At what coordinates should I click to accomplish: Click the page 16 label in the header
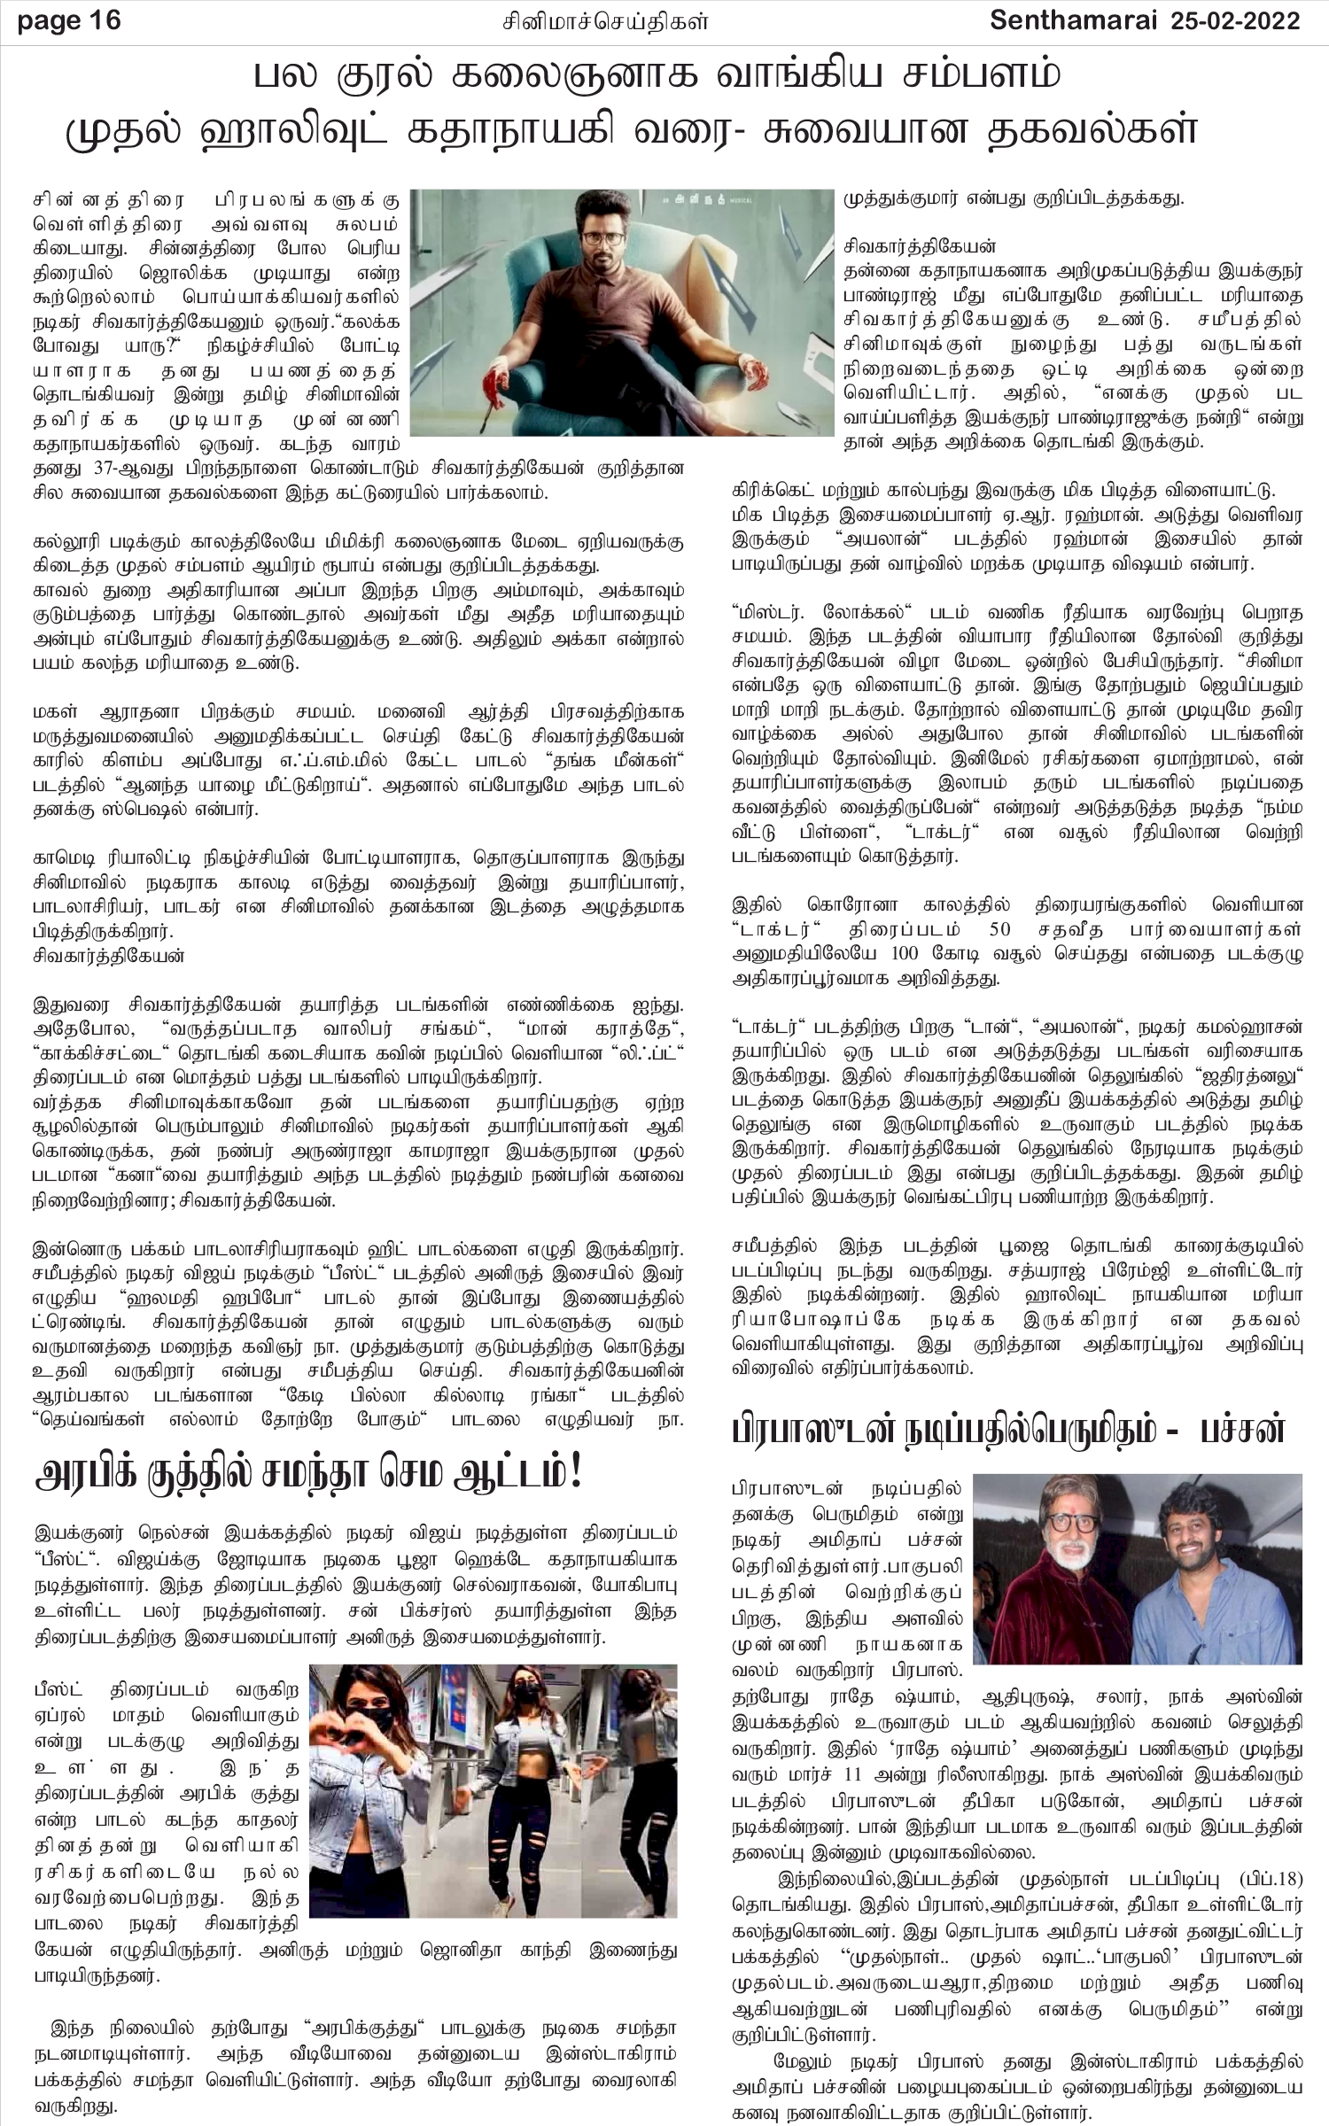pos(69,19)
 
